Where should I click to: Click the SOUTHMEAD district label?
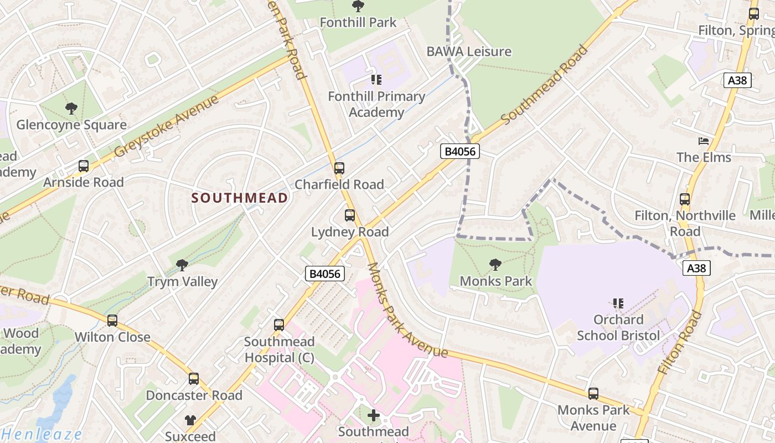point(240,198)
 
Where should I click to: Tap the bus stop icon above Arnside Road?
point(84,166)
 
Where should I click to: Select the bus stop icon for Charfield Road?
point(339,168)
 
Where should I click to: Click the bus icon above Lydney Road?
point(350,215)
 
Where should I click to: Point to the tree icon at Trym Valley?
point(182,265)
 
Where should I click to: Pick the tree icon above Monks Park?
point(495,265)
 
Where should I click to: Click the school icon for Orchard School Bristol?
point(618,303)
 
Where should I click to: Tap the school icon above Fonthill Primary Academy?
point(376,80)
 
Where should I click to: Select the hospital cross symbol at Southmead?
point(374,415)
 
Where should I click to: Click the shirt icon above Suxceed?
point(190,420)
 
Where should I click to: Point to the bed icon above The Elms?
point(704,141)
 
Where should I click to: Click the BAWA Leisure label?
point(468,51)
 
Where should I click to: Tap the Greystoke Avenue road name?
point(167,127)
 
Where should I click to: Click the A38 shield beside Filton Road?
point(696,269)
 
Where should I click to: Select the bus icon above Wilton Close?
point(112,320)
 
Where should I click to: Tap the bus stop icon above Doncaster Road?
point(194,379)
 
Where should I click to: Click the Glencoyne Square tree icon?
point(71,108)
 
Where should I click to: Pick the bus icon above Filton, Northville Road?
point(685,199)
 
